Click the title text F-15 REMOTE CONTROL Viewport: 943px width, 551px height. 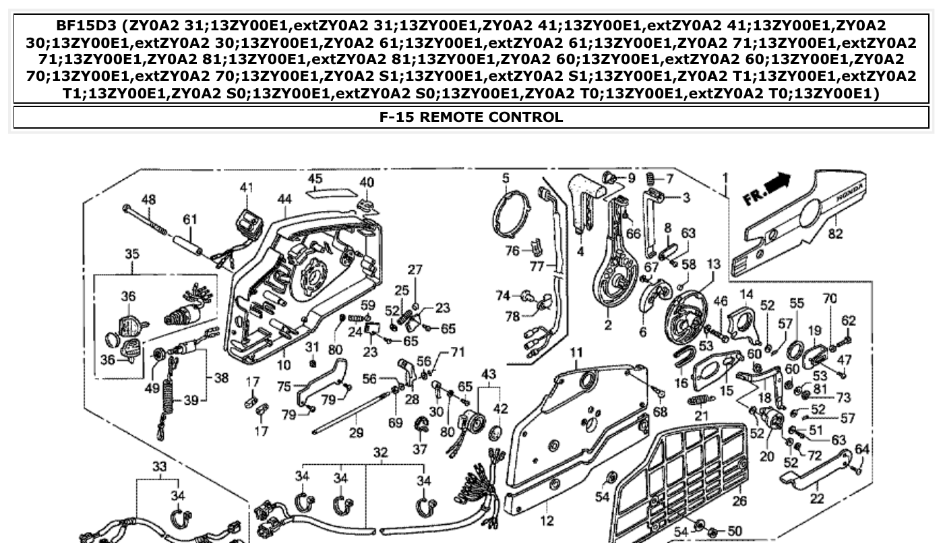click(471, 117)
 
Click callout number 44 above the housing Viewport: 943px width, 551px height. click(284, 199)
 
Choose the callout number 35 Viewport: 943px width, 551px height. click(131, 255)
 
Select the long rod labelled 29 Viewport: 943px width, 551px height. click(351, 412)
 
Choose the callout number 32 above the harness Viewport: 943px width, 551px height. click(381, 453)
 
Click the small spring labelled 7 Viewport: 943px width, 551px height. click(651, 179)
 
